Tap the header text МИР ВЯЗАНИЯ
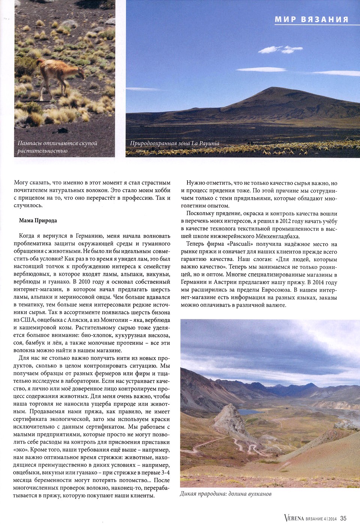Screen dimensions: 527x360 [312, 19]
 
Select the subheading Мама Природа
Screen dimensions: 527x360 [38, 220]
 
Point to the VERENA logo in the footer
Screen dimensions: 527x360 [294, 518]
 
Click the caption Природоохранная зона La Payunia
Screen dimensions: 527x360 [174, 143]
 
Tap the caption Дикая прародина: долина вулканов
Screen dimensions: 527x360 [225, 494]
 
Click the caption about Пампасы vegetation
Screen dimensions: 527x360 [57, 147]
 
